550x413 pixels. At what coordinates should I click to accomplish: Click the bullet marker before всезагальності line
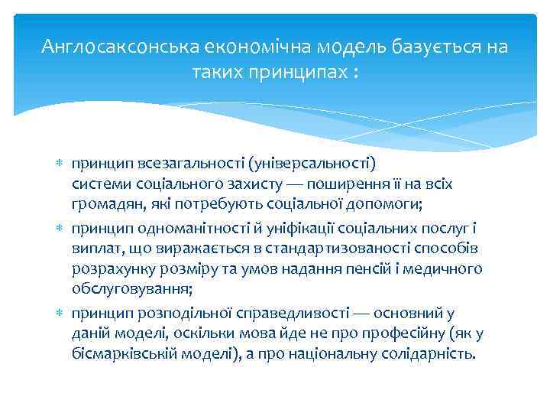pos(61,164)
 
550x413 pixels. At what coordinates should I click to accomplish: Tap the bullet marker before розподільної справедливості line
pos(61,313)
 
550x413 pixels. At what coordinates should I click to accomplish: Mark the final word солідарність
pos(432,356)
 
